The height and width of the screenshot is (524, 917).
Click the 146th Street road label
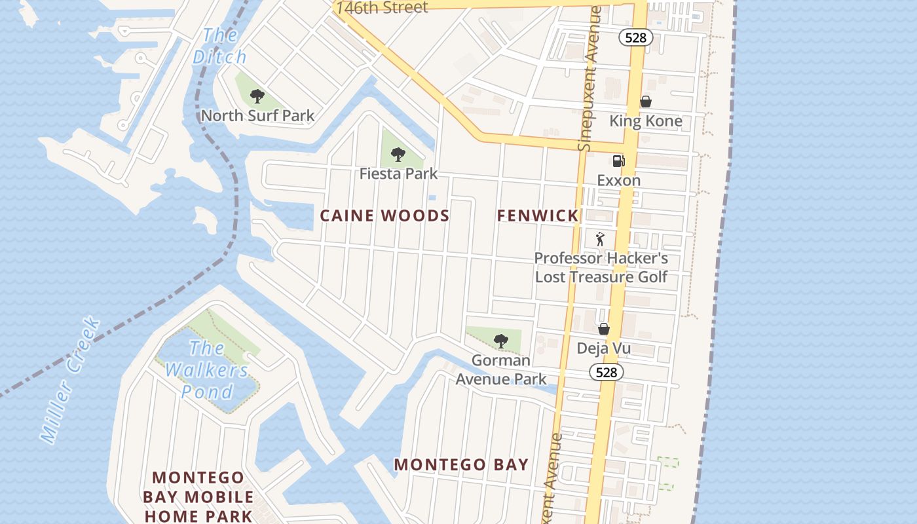tap(382, 8)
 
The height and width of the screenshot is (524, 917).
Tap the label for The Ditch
tap(220, 46)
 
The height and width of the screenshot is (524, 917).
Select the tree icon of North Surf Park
tap(257, 96)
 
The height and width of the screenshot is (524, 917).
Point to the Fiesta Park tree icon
tap(398, 155)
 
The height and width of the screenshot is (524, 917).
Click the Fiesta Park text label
tap(398, 174)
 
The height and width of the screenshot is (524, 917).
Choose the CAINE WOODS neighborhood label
tap(384, 215)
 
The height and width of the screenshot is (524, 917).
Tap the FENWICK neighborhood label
tap(537, 215)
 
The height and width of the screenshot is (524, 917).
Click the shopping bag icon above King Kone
tap(645, 102)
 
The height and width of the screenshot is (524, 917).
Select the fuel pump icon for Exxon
tap(618, 161)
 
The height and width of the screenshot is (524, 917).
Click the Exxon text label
tap(618, 180)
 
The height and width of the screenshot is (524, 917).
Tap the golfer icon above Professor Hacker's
tap(600, 239)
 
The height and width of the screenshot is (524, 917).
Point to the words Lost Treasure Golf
tap(601, 276)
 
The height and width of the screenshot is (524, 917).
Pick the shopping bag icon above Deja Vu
tap(603, 328)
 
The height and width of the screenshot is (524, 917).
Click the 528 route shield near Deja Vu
tap(607, 372)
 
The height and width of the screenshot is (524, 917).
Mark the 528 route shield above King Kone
tap(635, 37)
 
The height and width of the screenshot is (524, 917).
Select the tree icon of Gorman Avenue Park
tap(500, 341)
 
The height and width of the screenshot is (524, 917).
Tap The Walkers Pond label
tap(207, 369)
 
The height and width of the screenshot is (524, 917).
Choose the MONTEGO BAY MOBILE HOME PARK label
tap(198, 496)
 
